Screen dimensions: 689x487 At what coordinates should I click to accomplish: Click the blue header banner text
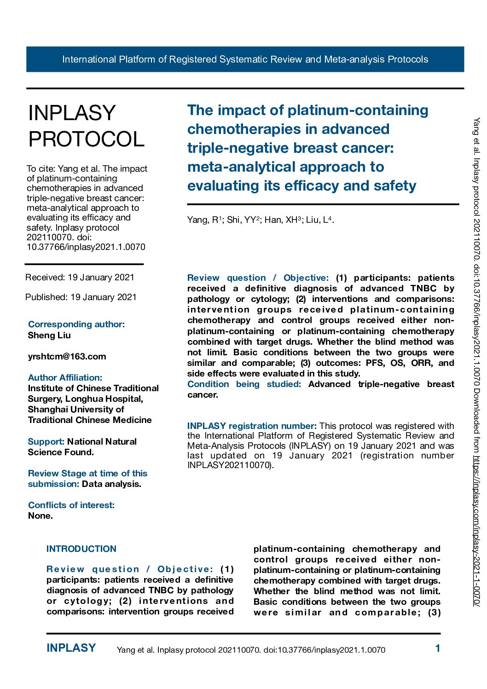tap(245, 59)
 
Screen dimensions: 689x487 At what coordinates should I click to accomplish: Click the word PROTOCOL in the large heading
tap(87, 139)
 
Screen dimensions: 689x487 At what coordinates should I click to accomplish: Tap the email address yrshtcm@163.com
tap(67, 356)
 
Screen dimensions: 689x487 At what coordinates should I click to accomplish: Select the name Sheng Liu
tap(49, 335)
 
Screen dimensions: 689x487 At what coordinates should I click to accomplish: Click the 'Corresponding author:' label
tap(76, 324)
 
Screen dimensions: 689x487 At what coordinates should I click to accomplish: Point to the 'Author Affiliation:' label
tap(65, 377)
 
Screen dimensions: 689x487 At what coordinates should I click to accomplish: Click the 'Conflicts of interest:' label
tap(71, 505)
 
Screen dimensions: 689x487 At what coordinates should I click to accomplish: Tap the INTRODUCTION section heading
tap(81, 549)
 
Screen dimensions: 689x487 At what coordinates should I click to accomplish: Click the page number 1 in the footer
tap(438, 648)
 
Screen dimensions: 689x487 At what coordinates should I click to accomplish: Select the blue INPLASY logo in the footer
tap(71, 648)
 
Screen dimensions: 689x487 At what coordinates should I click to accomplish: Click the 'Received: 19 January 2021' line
tap(80, 277)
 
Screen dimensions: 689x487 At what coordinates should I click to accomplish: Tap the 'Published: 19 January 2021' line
tap(81, 297)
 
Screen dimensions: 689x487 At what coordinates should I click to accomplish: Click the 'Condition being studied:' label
tap(244, 384)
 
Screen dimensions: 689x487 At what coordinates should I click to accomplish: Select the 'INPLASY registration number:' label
tap(252, 426)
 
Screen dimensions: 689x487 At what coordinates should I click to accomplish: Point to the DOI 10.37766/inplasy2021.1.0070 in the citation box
tap(86, 247)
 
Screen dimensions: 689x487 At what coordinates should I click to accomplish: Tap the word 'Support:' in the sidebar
tap(46, 441)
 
